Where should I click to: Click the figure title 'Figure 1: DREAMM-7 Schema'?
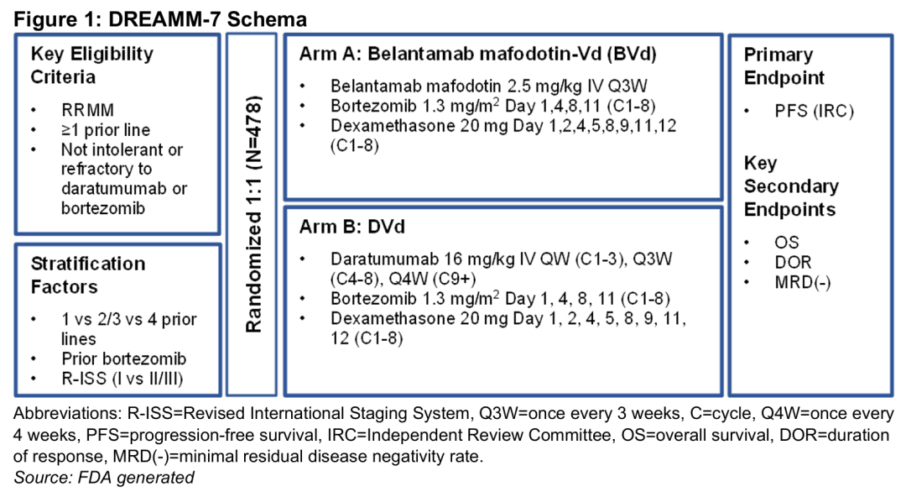point(160,19)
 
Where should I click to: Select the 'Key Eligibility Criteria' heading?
point(92,65)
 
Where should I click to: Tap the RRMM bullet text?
point(88,110)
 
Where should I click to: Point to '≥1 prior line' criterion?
point(106,129)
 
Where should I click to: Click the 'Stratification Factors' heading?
point(88,275)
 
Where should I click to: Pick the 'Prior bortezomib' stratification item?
point(123,358)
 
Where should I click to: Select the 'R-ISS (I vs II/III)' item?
point(122,379)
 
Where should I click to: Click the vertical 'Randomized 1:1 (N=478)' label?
point(253,214)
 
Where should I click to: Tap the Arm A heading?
point(478,54)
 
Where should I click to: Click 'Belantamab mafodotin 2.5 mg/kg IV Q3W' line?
point(489,86)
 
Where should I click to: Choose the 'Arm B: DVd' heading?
point(351,226)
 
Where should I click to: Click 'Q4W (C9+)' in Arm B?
point(432,279)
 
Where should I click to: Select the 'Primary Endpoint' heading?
point(784,66)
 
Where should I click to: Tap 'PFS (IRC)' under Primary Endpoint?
point(814,111)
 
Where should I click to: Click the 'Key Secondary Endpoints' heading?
point(791,186)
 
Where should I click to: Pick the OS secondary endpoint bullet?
point(787,243)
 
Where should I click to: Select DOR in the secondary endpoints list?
point(793,262)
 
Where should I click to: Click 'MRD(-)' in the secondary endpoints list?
point(803,282)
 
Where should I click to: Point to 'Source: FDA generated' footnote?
point(104,478)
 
